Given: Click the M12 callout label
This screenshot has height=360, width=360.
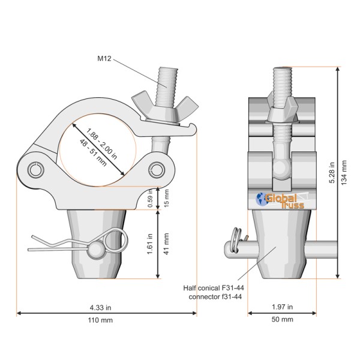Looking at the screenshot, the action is [104, 59].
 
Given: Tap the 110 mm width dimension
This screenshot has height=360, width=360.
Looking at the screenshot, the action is [100, 320].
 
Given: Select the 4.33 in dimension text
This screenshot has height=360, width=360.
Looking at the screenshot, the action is [101, 307].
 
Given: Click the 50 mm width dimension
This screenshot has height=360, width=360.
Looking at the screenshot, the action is [282, 319].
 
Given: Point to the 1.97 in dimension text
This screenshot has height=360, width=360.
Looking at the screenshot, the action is [282, 307].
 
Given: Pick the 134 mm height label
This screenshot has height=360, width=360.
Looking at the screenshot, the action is [344, 173].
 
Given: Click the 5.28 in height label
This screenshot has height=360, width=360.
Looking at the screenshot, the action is [332, 173].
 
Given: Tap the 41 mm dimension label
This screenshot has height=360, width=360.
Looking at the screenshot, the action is [167, 244].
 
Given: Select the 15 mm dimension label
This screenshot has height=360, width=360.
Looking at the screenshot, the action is [167, 198].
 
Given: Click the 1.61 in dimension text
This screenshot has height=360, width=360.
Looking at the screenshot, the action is [150, 244].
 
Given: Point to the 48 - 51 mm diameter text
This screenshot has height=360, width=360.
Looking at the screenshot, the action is [93, 152].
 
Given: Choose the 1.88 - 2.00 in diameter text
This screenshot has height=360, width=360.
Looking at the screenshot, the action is [102, 143].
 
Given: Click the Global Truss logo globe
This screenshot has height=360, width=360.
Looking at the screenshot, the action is [260, 199].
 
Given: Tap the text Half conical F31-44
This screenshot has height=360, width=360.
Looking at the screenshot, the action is [214, 288].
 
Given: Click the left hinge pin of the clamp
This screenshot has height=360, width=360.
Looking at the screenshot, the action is [36, 170].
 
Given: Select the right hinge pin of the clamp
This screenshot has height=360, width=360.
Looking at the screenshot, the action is [157, 170].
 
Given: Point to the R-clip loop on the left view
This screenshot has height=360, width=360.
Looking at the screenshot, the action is [115, 241].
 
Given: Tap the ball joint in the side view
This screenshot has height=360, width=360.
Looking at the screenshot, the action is [282, 168].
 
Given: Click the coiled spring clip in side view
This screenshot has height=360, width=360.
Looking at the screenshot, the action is [236, 240].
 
